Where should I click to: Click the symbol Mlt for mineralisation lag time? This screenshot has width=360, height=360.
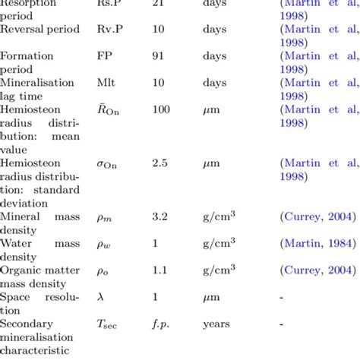(106, 83)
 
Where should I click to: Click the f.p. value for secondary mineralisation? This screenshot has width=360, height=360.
(160, 323)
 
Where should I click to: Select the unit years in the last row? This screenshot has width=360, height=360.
(216, 323)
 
